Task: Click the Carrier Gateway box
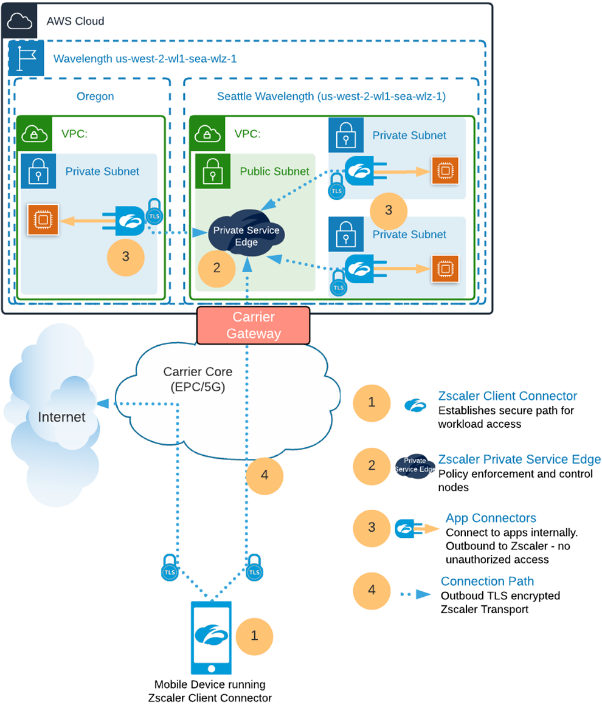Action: pos(254,325)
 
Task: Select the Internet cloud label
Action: pos(61,417)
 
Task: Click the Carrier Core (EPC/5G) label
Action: pos(198,379)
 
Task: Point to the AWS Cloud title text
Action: pos(75,21)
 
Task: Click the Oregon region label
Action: pos(95,97)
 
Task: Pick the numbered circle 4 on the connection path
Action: pos(265,475)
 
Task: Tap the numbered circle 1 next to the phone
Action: pos(254,636)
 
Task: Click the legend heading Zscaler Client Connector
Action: pos(508,396)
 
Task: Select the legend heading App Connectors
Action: pos(491,518)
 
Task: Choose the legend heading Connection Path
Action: pos(487,581)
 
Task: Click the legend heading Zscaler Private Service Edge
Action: pos(519,459)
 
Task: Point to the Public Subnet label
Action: pos(274,171)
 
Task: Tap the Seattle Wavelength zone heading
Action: pos(331,97)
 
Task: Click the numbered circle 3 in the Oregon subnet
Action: pos(125,256)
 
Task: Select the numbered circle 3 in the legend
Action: pos(372,526)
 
